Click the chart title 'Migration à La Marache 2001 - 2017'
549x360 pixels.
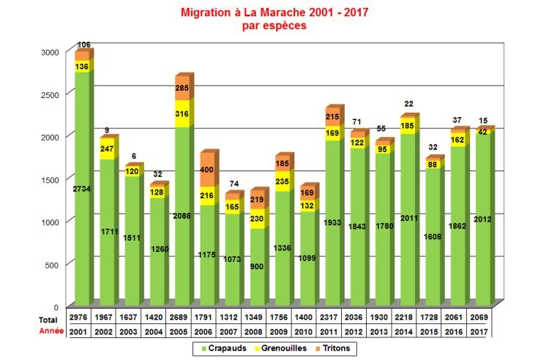pyautogui.click(x=274, y=12)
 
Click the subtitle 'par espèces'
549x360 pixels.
pyautogui.click(x=274, y=26)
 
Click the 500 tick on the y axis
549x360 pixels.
pyautogui.click(x=51, y=264)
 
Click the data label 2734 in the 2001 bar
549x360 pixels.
pyautogui.click(x=83, y=189)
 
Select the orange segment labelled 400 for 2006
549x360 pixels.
pyautogui.click(x=208, y=170)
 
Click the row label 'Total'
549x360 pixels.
pyautogui.click(x=48, y=320)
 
